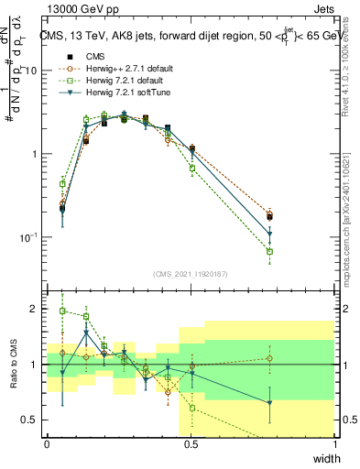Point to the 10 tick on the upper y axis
[34, 71]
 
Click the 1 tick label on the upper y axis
[37, 154]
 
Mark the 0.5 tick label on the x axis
[191, 444]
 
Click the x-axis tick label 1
[334, 444]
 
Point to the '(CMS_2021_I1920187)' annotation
[191, 273]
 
